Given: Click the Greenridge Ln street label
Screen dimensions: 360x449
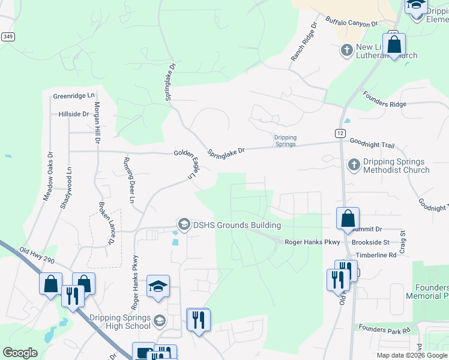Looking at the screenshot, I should tap(74, 95).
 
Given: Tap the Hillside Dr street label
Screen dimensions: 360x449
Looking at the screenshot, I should tap(74, 113).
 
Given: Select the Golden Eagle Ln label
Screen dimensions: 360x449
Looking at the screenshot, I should tap(186, 163).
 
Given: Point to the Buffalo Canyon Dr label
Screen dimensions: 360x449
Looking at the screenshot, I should tap(352, 23).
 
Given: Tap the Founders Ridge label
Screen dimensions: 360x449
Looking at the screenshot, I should tap(385, 100).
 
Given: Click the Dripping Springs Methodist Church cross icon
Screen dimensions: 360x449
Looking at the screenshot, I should tap(354, 164).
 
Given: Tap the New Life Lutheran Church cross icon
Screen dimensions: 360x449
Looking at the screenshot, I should tap(346, 50).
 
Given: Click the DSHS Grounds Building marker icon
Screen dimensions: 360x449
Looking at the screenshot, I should tap(183, 225).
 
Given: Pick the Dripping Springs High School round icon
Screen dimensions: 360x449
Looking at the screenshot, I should tap(159, 319).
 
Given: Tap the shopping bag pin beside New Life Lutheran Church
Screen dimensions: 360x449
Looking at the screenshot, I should tap(394, 44).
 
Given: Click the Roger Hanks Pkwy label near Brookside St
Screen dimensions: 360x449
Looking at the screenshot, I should tap(312, 242).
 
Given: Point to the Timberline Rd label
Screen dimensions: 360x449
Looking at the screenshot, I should tap(376, 255).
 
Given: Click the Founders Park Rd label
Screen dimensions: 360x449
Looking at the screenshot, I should tap(384, 329).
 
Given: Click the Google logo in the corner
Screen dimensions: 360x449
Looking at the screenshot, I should tap(20, 353).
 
